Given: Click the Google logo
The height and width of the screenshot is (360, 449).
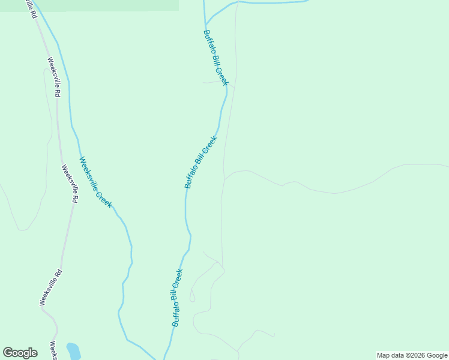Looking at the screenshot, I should pos(20,353).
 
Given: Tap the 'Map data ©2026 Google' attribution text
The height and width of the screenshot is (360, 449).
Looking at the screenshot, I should pos(412,355).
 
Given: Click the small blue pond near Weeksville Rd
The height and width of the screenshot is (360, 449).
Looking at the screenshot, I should pos(73,350).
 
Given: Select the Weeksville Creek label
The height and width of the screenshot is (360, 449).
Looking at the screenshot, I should pos(95,182).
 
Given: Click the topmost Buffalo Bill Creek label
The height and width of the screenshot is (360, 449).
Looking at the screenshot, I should pos(215,58).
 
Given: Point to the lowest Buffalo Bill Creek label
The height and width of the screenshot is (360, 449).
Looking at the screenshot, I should pos(177,298).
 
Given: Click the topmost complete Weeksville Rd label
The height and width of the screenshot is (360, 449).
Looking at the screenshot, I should pos(54,77).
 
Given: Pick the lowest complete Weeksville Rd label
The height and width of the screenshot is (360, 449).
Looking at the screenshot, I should pos(50,287).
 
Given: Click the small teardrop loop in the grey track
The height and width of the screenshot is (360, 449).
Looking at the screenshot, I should pos(192,295).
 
